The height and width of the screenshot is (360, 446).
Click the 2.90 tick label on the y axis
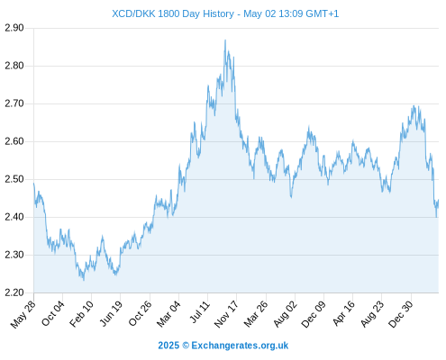click(x=14, y=28)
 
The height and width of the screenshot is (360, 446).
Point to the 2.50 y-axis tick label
click(x=14, y=179)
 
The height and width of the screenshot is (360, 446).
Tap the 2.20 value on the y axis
click(x=14, y=292)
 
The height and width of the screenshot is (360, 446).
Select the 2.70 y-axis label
click(x=14, y=103)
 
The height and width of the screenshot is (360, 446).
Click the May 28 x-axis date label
click(x=23, y=314)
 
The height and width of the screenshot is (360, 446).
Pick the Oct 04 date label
click(x=52, y=313)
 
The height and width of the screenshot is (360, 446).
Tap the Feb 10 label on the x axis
click(x=81, y=314)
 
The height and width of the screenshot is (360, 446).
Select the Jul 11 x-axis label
click(x=200, y=312)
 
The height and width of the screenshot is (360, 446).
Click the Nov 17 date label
click(x=226, y=314)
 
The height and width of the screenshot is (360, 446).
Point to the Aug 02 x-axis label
click(x=285, y=314)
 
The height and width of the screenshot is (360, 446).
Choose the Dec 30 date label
click(x=401, y=314)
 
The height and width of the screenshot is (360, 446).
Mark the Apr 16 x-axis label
click(x=343, y=313)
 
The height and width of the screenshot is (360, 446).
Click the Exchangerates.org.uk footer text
click(x=240, y=346)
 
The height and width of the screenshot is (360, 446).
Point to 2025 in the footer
click(x=168, y=346)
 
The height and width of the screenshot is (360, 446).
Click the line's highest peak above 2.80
click(x=225, y=40)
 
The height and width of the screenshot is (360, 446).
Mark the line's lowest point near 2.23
click(x=84, y=280)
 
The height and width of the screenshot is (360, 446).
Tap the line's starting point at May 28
click(x=34, y=183)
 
